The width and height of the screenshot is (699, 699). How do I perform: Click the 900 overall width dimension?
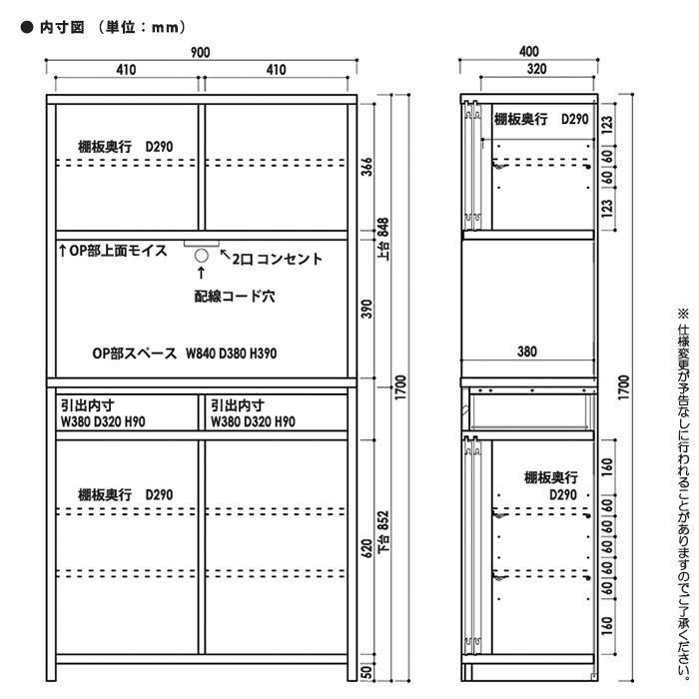[200, 52]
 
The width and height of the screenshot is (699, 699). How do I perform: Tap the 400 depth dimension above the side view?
[528, 51]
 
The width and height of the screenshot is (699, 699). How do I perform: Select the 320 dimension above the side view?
[536, 69]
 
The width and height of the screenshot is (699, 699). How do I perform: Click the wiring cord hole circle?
[202, 256]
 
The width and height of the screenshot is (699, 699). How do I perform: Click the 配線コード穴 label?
[235, 296]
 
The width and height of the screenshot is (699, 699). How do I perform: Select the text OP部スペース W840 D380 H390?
[185, 353]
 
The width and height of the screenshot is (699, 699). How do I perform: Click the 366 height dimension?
[366, 167]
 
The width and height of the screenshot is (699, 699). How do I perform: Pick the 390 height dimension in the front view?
[366, 309]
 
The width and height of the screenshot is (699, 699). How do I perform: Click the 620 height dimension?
[366, 548]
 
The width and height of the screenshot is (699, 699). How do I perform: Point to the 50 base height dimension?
[366, 672]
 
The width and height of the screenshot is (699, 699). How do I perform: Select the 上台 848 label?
[383, 240]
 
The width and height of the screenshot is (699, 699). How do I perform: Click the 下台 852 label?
[383, 532]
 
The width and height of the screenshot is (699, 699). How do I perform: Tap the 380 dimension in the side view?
[527, 351]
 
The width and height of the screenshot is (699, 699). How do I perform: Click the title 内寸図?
[62, 27]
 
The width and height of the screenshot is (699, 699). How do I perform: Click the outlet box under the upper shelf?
[202, 243]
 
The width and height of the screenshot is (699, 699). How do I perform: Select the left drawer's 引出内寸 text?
[88, 405]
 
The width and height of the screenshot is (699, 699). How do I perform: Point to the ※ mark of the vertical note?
[683, 314]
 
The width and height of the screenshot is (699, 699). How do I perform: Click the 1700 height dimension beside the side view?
[624, 387]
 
